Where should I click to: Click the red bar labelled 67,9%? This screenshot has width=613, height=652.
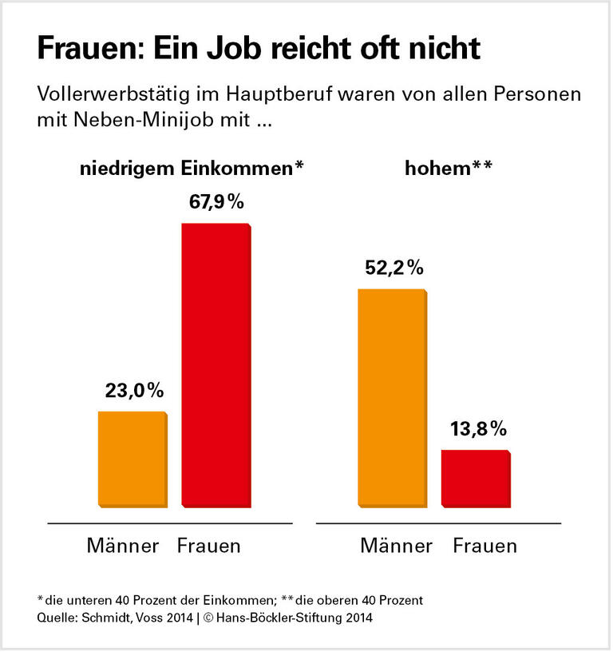[216, 365]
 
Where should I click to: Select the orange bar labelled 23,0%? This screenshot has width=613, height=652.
[132, 459]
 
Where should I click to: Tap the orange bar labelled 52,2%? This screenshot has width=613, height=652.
[391, 397]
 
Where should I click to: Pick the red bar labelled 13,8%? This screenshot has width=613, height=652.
[476, 478]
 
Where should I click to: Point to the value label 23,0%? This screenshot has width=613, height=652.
[134, 391]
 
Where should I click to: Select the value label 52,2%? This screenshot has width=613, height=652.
[393, 268]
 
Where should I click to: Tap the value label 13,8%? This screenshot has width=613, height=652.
[477, 429]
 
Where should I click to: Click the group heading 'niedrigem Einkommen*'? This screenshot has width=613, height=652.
[191, 168]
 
